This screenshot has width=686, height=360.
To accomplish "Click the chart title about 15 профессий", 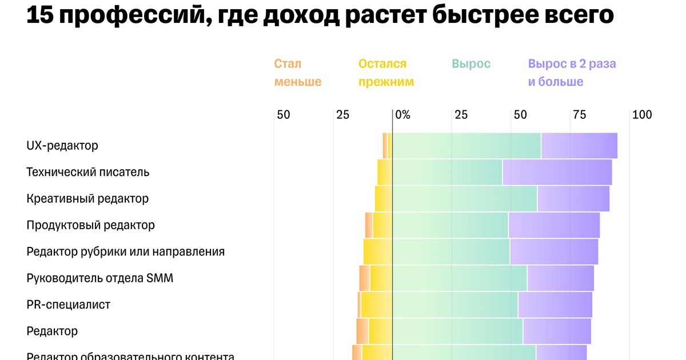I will [320, 15].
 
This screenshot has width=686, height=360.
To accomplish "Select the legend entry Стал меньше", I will [297, 73].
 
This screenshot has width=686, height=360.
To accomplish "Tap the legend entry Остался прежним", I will [386, 73].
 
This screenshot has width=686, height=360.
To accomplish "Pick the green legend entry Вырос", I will [471, 63].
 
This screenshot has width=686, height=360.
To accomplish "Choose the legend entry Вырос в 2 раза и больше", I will [572, 73].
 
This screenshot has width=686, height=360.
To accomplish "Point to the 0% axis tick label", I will [402, 115].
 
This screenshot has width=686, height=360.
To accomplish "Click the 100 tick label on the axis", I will [642, 115].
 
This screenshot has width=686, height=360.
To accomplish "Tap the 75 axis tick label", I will [579, 115].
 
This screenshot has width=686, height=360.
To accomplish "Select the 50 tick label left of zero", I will [283, 115].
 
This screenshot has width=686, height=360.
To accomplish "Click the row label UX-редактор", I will [62, 146].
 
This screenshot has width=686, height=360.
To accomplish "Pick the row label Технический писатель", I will [87, 172].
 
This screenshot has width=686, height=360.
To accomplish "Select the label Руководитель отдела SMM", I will [99, 278].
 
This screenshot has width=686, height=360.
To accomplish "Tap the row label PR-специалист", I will [68, 305].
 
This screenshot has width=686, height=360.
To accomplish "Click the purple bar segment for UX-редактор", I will [579, 146].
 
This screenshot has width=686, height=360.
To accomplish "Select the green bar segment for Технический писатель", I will [448, 172].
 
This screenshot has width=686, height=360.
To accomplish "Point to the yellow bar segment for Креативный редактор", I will [384, 199].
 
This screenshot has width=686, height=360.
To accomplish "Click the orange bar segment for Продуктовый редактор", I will [369, 225].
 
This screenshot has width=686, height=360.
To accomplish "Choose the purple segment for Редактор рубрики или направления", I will [554, 252].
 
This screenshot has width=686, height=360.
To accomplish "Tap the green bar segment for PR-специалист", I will [455, 305].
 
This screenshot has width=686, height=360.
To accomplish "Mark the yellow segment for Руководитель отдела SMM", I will [381, 278].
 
